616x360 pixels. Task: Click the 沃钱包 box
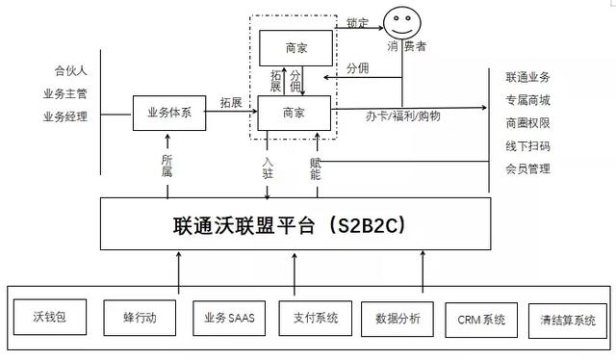tap(47, 317)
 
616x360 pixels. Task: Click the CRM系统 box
tap(481, 319)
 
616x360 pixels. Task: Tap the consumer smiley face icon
tap(398, 21)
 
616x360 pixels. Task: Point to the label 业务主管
tap(65, 93)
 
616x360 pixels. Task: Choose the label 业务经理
tap(65, 116)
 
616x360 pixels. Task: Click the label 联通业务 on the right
tap(527, 76)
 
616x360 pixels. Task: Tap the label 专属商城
tap(527, 99)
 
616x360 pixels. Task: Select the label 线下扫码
tap(527, 145)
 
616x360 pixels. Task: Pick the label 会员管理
tap(527, 168)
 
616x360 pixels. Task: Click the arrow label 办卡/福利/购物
tap(403, 116)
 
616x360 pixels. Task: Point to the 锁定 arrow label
tap(357, 20)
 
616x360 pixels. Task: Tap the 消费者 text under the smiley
tap(406, 45)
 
